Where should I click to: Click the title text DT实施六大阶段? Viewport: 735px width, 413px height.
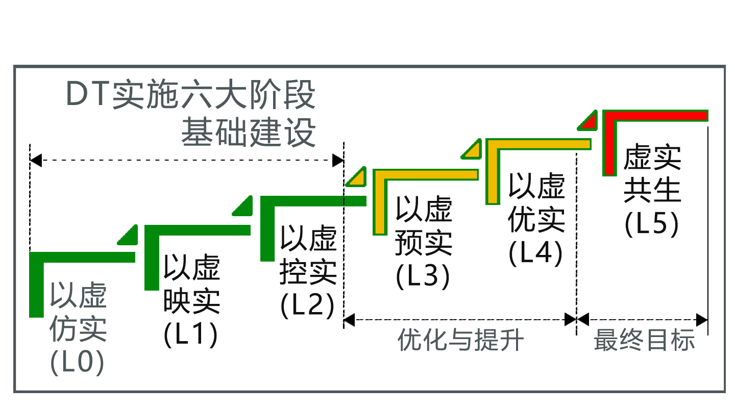coord(191,95)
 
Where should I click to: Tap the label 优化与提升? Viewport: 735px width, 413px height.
coord(460,340)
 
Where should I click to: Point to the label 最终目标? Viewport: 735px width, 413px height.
coord(644,340)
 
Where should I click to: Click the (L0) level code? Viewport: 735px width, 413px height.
coord(78,363)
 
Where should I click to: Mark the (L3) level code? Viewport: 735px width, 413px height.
coord(423,276)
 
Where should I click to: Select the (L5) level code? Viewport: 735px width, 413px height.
coord(652,224)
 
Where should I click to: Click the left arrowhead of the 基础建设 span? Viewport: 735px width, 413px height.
coord(35,160)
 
